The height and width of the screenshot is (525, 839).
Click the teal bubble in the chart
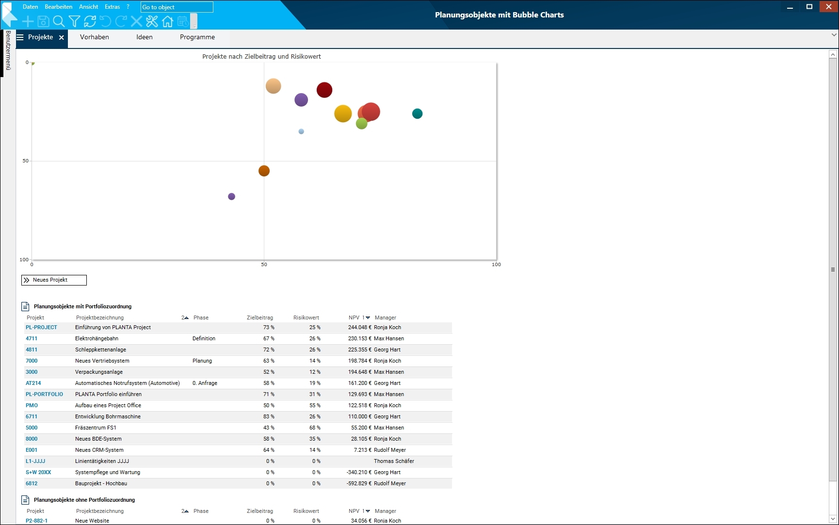(x=417, y=113)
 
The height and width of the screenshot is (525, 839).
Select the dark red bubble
(x=324, y=90)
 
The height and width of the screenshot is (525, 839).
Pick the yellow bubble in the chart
(x=343, y=113)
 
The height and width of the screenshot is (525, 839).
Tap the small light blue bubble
(x=301, y=131)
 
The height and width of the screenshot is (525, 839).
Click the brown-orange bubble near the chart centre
(x=264, y=171)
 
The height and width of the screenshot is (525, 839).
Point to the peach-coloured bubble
(x=274, y=86)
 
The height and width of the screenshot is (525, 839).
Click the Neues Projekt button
(x=54, y=280)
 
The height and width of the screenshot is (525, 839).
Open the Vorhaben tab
(x=95, y=37)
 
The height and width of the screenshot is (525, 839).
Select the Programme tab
(x=197, y=37)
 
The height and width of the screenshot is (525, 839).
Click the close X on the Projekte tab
(x=62, y=37)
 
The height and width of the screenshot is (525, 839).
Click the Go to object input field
(x=177, y=7)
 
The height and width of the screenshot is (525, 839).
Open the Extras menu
(x=112, y=7)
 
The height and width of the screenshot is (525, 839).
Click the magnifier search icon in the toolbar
(x=59, y=21)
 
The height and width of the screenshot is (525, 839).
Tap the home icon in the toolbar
(x=167, y=21)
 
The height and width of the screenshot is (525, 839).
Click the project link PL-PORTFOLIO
(x=44, y=394)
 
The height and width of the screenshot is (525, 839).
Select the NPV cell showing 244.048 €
(x=359, y=327)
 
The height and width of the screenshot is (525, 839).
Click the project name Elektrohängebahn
(x=97, y=338)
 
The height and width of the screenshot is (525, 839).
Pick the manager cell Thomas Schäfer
(x=394, y=461)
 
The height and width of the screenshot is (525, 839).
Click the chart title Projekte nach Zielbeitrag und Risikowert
(x=261, y=57)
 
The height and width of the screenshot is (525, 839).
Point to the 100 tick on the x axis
(x=496, y=264)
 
